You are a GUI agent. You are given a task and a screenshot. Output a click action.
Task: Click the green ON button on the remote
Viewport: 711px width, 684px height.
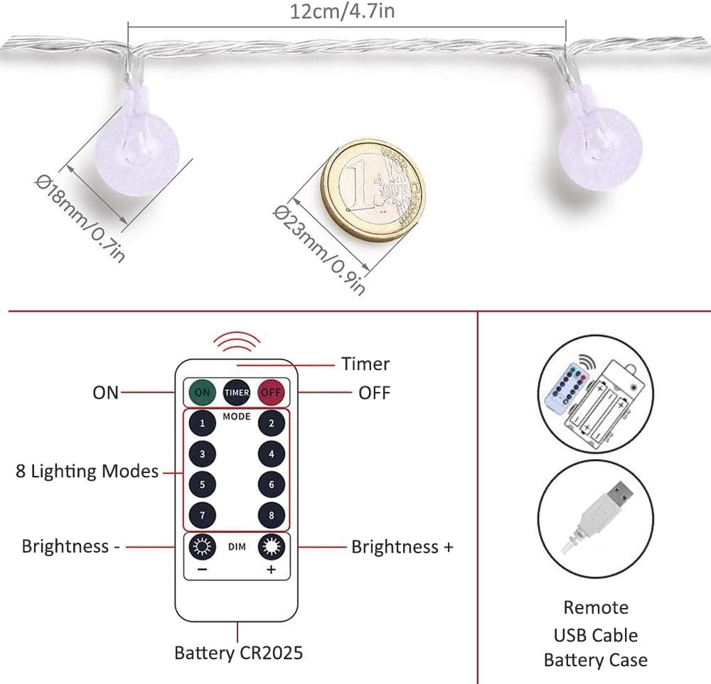(203, 391)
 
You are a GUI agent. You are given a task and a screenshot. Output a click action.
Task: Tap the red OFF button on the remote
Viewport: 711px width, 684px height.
(271, 391)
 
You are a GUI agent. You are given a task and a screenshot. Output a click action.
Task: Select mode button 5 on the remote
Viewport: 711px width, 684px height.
(203, 485)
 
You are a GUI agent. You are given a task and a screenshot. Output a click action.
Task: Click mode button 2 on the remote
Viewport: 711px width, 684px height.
(271, 424)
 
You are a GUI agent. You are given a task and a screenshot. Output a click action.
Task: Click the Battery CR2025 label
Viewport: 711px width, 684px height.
(239, 652)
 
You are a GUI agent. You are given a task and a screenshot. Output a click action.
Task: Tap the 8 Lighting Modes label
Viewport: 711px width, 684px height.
(87, 471)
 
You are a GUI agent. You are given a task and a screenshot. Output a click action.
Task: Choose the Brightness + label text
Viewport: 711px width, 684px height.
(402, 547)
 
